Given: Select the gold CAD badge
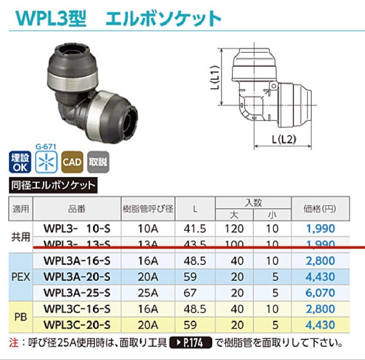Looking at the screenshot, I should (72, 162).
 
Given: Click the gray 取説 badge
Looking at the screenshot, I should (98, 162).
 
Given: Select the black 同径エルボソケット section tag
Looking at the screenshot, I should (52, 185).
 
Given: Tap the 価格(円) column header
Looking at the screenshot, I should (320, 209).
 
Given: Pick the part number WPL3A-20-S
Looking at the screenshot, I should (77, 277).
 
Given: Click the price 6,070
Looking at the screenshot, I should (320, 293).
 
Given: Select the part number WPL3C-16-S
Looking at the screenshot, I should (77, 309).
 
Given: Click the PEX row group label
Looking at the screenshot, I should (21, 277).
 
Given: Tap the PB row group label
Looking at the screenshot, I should (21, 317).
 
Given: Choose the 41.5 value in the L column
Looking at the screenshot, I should (195, 229).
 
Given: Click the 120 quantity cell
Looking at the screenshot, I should (234, 229).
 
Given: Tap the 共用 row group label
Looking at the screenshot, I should (21, 237).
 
